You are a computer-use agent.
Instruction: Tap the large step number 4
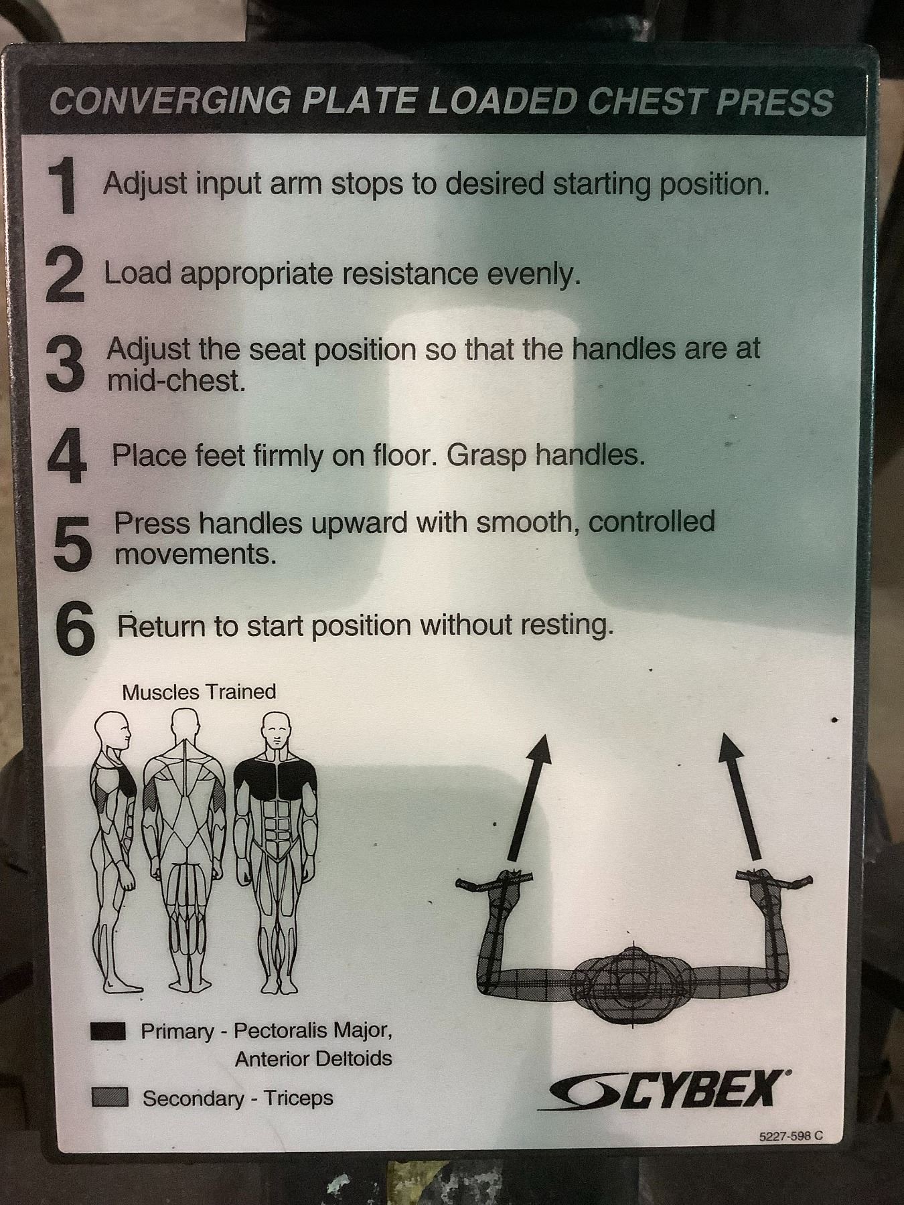[67, 456]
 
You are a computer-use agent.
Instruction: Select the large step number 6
[74, 627]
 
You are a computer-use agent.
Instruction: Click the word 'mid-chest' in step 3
[176, 381]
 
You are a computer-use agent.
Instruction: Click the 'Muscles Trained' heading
[199, 692]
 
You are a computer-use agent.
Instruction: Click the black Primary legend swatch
[108, 1032]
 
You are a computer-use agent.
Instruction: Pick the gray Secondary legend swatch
[109, 1097]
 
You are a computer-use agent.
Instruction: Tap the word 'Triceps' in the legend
[298, 1099]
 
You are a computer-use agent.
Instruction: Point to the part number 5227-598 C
[790, 1136]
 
